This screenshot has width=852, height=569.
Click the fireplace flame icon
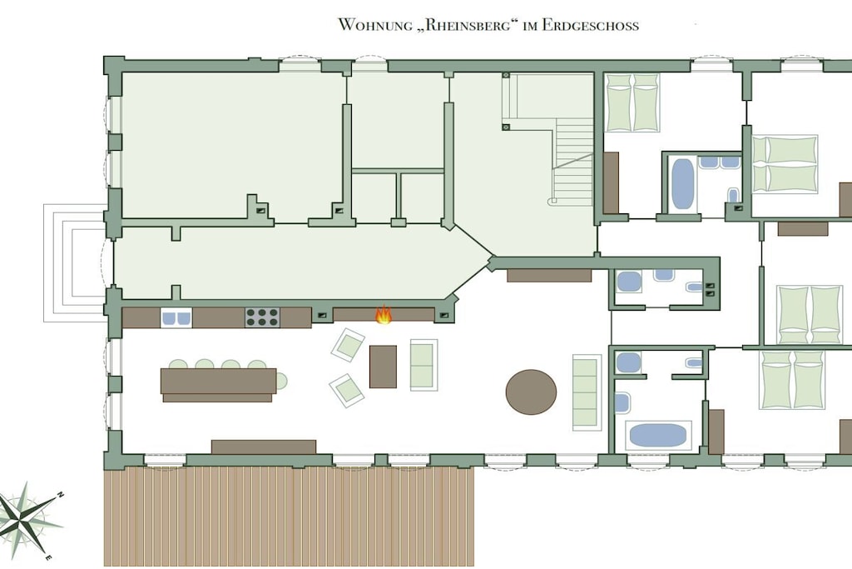pos(384,314)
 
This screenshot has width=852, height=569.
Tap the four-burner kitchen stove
pos(262,317)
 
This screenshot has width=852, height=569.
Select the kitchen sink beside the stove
pos(176,317)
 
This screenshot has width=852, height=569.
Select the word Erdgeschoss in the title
pos(590,25)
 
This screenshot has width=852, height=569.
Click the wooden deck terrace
pos(289,516)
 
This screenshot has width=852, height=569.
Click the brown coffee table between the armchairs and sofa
pos(383,367)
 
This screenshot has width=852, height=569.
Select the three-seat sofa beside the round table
pos(587,392)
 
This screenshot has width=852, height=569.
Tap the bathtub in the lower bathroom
pos(658,435)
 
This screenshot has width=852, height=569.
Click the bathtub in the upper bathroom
pos(682,183)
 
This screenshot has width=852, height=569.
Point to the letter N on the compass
pos(61,495)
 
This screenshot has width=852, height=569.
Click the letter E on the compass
pos(47,557)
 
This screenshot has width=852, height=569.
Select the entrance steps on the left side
pos(74,262)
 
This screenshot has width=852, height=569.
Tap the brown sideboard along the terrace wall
pos(264,447)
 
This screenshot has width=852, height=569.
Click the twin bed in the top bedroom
pos(632,102)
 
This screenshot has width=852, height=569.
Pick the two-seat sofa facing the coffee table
pos(424,364)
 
